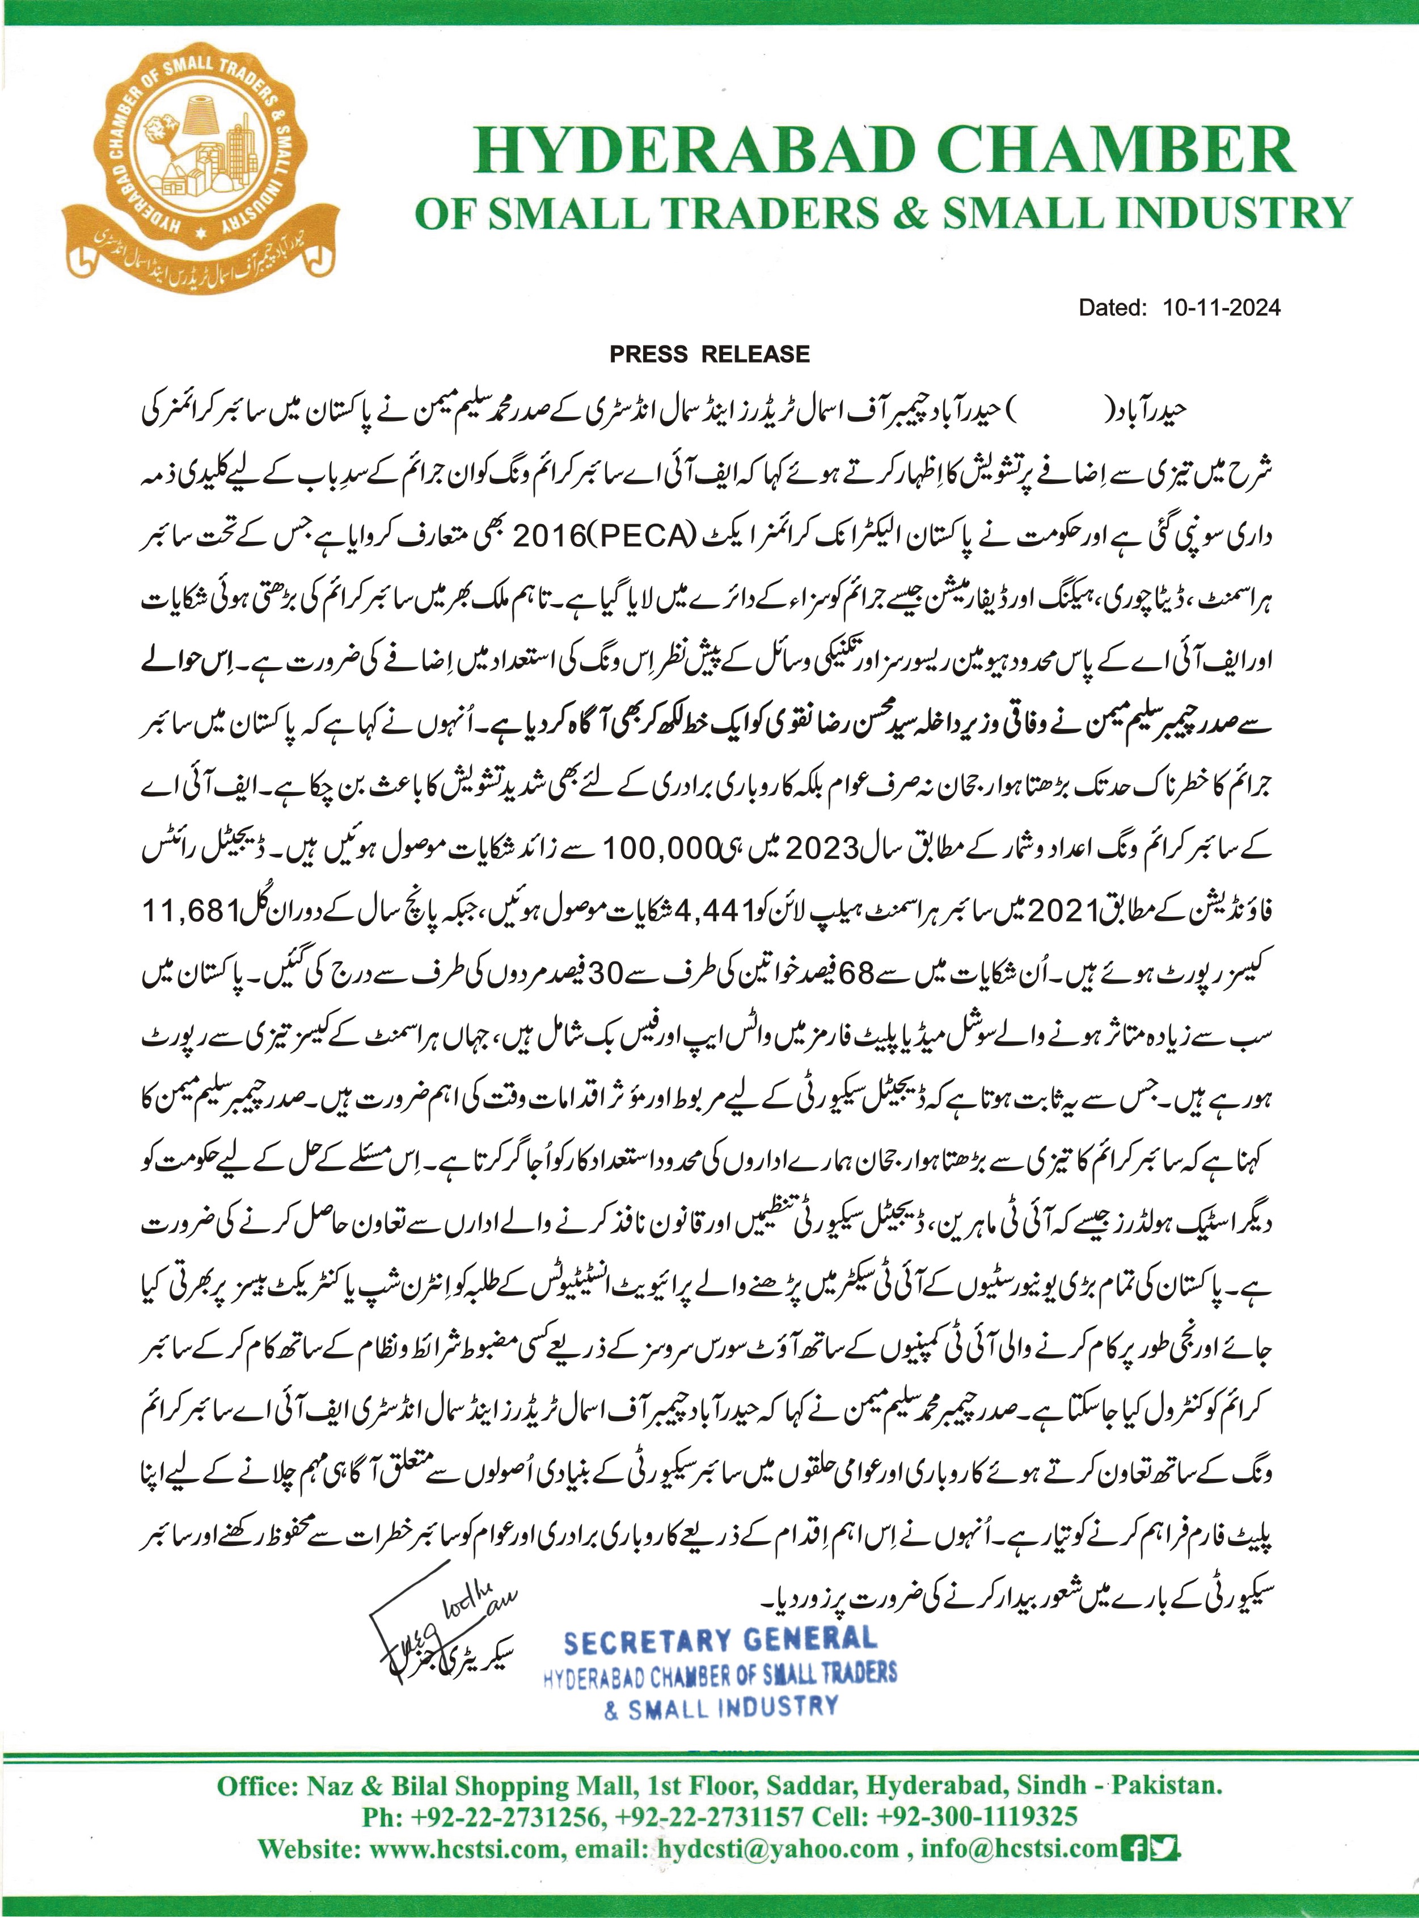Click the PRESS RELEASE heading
pos(709,354)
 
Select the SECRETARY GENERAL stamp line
pos(720,1641)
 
